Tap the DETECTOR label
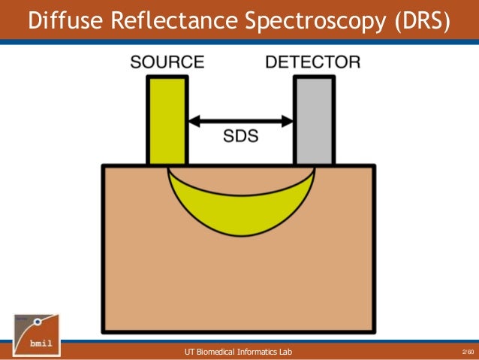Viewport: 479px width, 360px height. [313, 63]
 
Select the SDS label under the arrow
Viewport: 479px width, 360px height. [239, 136]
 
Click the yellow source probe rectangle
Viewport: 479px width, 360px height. [166, 120]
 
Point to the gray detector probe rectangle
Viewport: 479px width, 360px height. [314, 120]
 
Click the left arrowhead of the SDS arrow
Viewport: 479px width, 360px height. [191, 119]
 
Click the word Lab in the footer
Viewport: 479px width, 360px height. [286, 352]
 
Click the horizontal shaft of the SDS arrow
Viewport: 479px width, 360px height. [239, 119]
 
